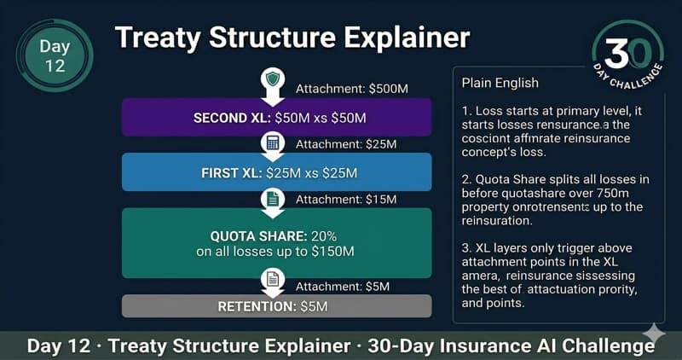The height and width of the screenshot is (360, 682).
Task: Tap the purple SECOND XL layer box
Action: tap(276, 116)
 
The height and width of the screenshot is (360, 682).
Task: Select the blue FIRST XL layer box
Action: tap(276, 173)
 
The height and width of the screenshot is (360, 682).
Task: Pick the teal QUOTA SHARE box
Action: tap(276, 243)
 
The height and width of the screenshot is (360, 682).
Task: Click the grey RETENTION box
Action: tap(276, 305)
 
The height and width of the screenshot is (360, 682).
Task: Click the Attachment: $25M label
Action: tap(344, 144)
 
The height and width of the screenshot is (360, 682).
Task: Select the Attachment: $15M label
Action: tap(344, 200)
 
